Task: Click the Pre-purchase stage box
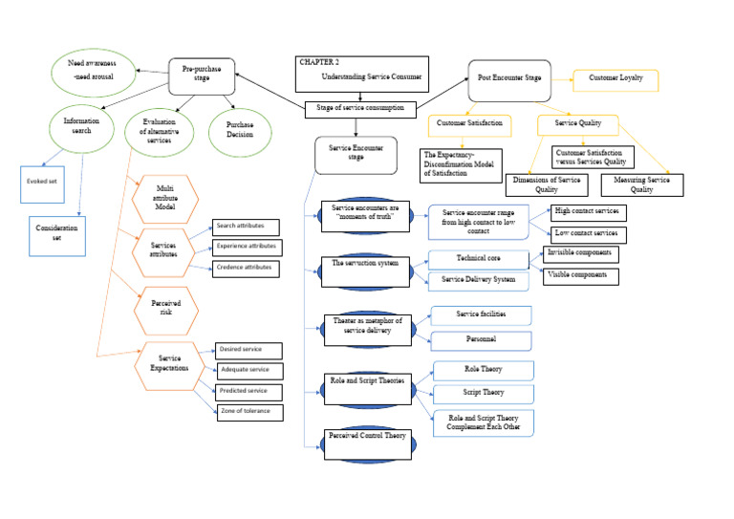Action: coord(202,74)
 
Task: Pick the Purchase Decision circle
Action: coord(239,131)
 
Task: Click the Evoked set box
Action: coord(44,184)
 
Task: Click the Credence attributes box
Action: coord(245,269)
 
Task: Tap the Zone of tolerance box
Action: coord(248,412)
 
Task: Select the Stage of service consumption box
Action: coord(360,108)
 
